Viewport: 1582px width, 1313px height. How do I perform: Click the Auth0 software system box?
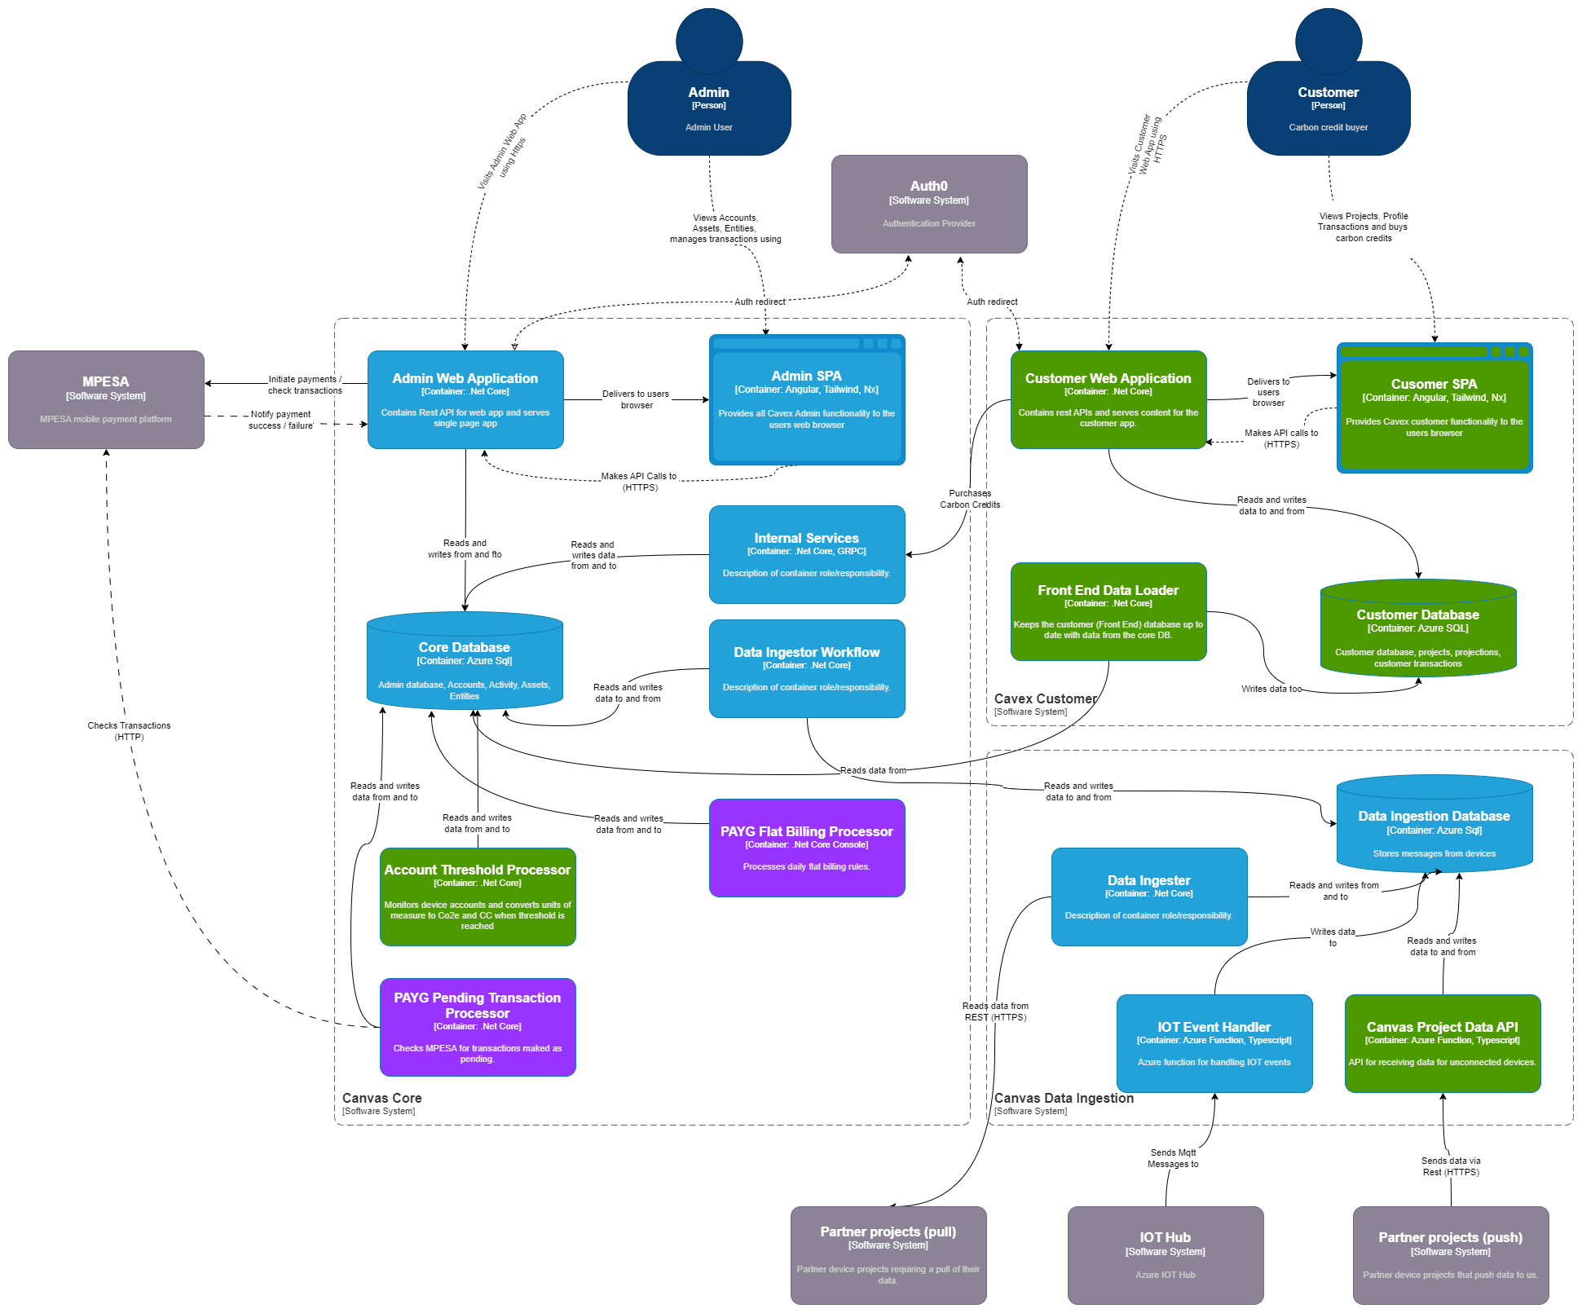(929, 204)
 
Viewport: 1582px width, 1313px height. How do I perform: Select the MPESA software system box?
(106, 399)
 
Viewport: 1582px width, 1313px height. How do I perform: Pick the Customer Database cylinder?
(1418, 632)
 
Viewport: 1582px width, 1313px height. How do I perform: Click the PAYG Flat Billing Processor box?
(807, 848)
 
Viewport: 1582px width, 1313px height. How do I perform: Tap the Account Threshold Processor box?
(478, 897)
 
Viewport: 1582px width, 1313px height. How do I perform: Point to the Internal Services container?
(807, 554)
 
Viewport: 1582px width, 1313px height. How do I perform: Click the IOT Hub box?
(1166, 1255)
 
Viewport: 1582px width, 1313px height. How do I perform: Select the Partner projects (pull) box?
(888, 1255)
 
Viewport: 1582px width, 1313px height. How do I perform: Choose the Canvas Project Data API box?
(1443, 1043)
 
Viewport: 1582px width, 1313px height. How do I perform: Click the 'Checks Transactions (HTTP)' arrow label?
(129, 731)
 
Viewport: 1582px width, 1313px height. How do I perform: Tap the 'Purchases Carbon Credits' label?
(970, 499)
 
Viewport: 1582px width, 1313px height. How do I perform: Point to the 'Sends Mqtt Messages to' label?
(1173, 1158)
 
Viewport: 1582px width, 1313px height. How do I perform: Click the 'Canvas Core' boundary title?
(381, 1098)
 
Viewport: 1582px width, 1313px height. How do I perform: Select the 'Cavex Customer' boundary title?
(1045, 698)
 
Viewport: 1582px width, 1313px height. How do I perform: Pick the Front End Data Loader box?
(1108, 611)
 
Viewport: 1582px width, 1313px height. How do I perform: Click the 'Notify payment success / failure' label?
(281, 420)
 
